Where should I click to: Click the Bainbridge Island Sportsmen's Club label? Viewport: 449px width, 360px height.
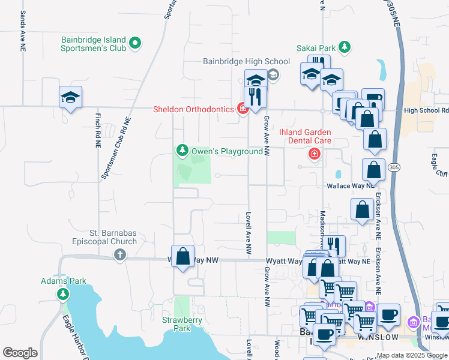tap(94, 44)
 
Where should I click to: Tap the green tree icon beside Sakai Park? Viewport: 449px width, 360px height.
tap(344, 47)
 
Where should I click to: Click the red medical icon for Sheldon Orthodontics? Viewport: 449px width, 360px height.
tap(243, 109)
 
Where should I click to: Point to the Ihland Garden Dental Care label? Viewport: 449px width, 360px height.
tap(305, 136)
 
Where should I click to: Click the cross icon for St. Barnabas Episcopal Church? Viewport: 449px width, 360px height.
tap(119, 255)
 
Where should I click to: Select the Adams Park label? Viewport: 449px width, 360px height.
tap(64, 281)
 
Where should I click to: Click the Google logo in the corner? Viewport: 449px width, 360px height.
tap(20, 353)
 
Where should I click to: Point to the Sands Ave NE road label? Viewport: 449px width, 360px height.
tap(23, 26)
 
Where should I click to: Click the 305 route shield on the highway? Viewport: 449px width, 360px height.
tap(394, 166)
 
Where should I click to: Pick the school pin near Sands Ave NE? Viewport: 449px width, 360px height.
tap(70, 97)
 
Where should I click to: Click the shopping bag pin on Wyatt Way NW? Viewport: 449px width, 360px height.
tap(182, 256)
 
